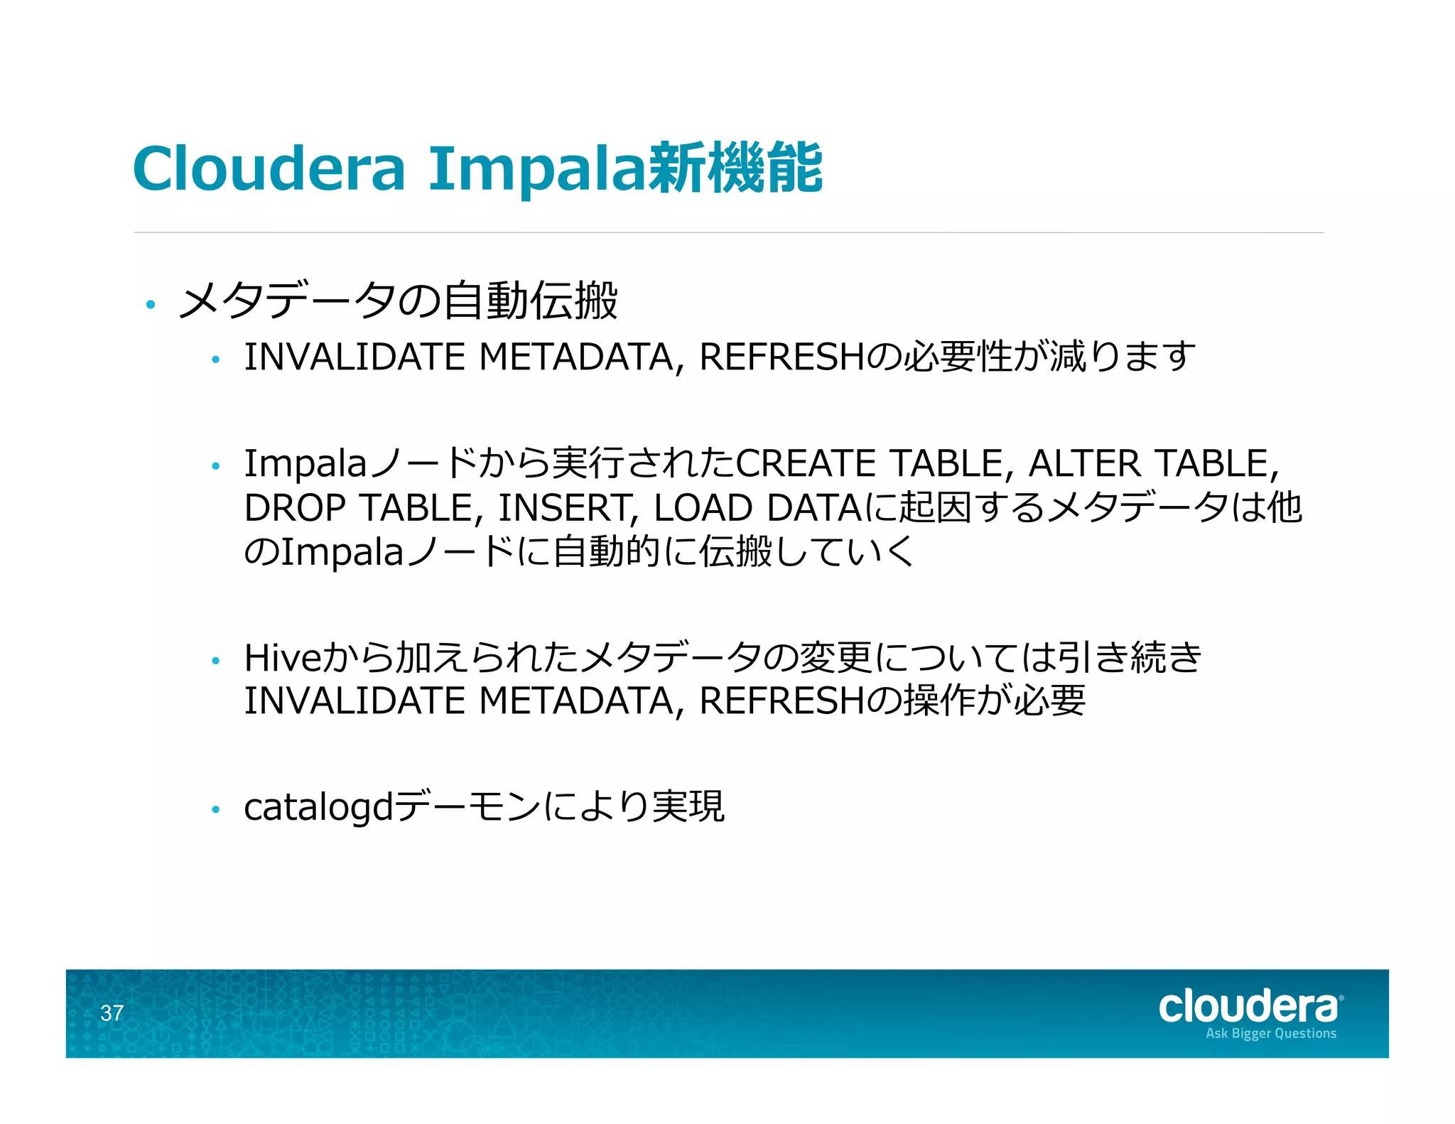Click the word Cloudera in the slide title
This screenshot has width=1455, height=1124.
click(x=269, y=168)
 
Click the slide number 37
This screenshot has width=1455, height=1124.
click(x=112, y=1013)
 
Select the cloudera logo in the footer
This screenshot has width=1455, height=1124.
click(x=1249, y=1007)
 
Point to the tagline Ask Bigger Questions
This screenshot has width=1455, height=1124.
click(x=1271, y=1034)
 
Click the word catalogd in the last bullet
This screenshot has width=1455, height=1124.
click(x=318, y=808)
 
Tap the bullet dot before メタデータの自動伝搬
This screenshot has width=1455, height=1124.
click(x=150, y=305)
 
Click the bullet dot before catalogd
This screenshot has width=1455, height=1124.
click(x=216, y=809)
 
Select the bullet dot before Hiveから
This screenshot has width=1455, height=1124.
click(x=216, y=661)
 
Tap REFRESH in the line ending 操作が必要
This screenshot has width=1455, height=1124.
click(x=781, y=702)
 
